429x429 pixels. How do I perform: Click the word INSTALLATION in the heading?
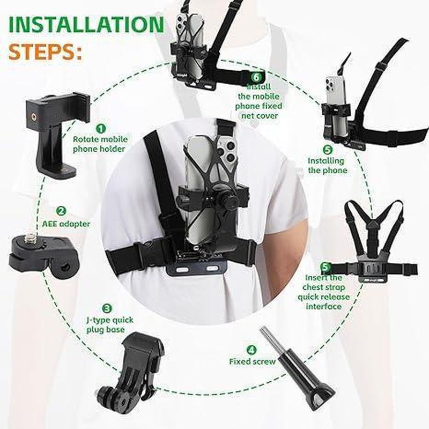tap(86, 25)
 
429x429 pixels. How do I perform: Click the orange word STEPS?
tap(46, 53)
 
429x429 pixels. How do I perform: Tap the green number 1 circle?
tap(101, 128)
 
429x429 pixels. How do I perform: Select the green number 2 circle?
tap(61, 211)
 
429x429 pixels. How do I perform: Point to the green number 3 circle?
tap(107, 308)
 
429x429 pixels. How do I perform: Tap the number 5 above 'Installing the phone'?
tap(328, 150)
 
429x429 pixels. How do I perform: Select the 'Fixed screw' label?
tap(252, 361)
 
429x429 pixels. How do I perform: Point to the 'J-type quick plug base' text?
tap(110, 324)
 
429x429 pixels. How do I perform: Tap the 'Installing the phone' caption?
tap(327, 165)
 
